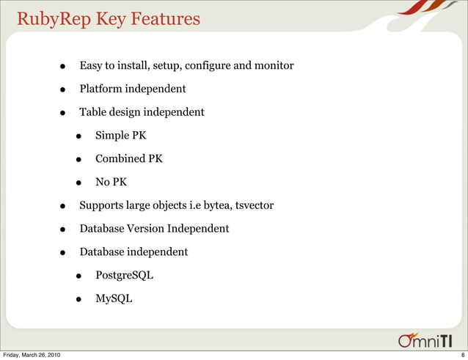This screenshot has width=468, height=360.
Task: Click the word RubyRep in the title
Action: click(48, 19)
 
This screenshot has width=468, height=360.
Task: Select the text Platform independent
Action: click(132, 89)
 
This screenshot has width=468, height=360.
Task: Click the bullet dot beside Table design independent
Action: click(64, 114)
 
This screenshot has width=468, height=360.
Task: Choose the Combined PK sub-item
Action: click(128, 159)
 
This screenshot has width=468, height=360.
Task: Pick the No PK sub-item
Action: click(111, 183)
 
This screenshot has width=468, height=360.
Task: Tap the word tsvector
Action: click(254, 205)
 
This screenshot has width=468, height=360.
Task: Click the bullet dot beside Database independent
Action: click(64, 253)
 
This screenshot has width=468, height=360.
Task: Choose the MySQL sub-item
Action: click(114, 298)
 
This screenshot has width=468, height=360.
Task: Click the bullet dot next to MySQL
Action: click(78, 299)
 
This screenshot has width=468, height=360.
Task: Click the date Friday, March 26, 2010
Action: click(32, 356)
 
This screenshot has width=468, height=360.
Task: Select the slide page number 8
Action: click(462, 356)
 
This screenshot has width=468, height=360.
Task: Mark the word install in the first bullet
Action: click(134, 66)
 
